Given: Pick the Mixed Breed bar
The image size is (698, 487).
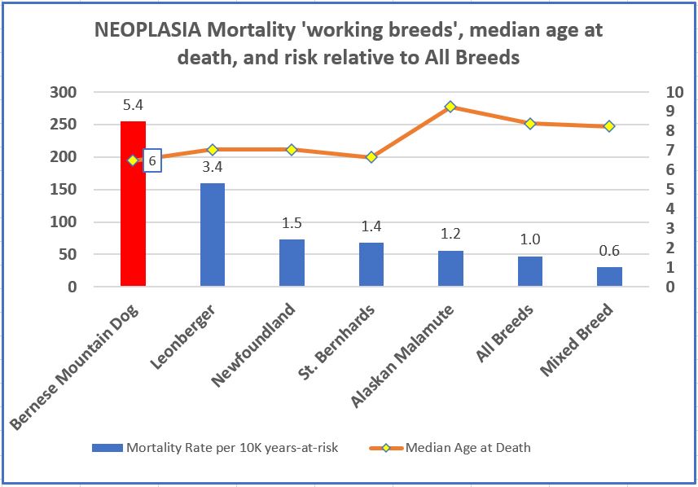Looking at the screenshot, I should tap(609, 276).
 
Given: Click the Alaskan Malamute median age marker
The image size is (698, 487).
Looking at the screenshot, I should tap(450, 107).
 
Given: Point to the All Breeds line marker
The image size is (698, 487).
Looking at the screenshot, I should tap(530, 124).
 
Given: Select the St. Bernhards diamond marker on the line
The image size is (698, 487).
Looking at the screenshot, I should tap(371, 157).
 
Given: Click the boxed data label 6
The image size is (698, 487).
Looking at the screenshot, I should tap(152, 161).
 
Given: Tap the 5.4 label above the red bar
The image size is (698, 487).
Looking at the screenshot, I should tap(133, 105).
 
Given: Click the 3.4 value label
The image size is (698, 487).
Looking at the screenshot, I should tap(212, 168).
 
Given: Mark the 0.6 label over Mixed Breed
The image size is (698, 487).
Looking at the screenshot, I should tap(609, 251).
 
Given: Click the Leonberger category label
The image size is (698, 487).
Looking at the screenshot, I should tap(188, 336).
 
